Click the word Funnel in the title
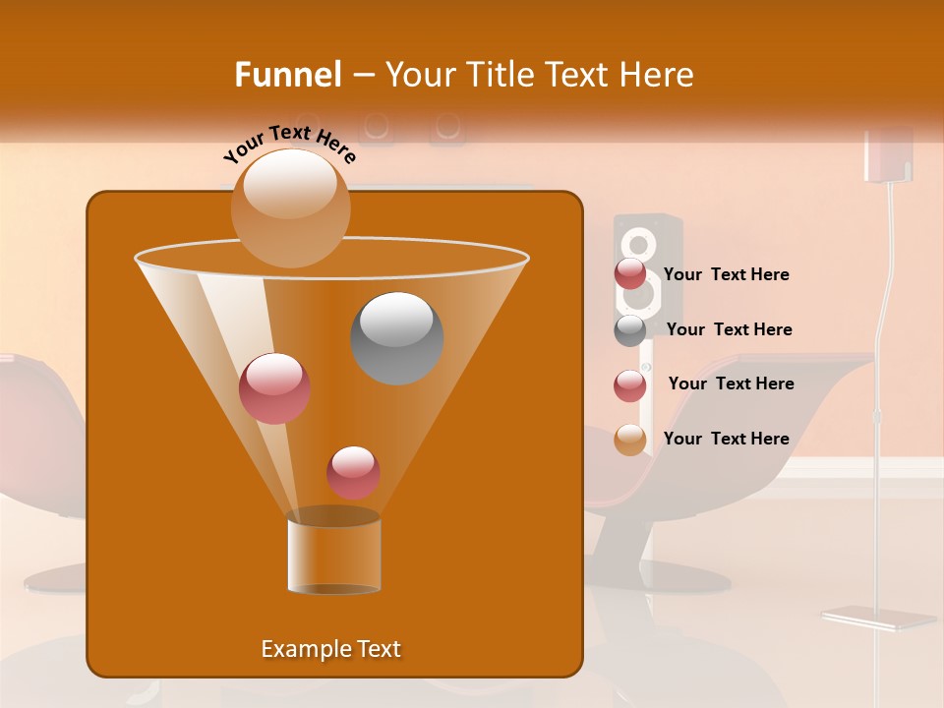click(287, 75)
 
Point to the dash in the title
click(363, 76)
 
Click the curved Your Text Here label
click(290, 143)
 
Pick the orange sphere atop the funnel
click(290, 207)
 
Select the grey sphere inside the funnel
click(396, 337)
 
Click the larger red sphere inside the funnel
click(274, 388)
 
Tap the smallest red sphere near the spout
click(353, 472)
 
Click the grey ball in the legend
click(630, 330)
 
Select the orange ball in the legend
click(630, 440)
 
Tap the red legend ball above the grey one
click(630, 274)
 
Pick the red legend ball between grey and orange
click(630, 385)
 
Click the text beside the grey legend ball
click(729, 329)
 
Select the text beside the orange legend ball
click(726, 439)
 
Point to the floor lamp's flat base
click(878, 618)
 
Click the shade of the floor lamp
click(888, 155)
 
